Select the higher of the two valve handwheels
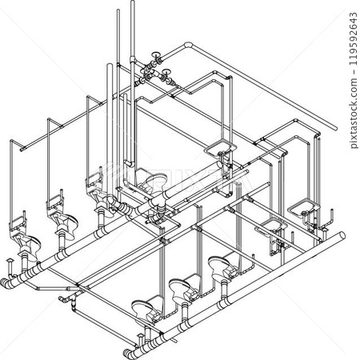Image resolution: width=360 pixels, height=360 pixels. [158, 58]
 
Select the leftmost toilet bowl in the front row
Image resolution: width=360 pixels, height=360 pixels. [142, 305]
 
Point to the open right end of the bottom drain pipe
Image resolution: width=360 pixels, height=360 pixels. [342, 236]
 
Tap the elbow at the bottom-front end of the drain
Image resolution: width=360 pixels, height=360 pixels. [129, 351]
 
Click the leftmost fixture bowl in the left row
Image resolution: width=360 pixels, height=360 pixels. [22, 239]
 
